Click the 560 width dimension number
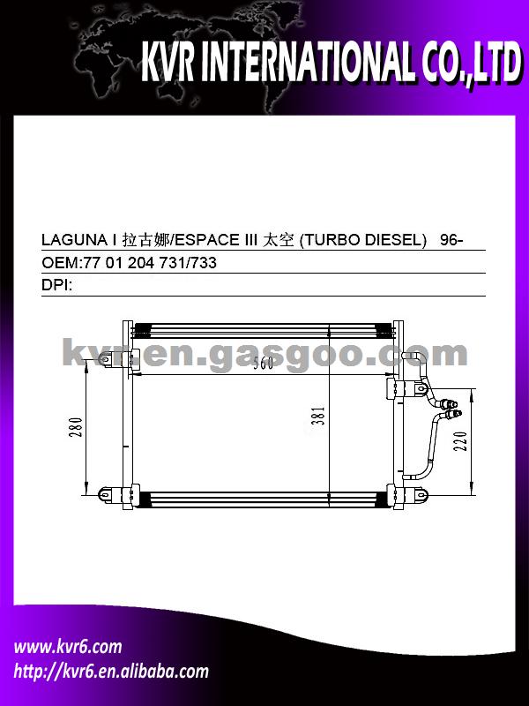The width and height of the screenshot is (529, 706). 263,364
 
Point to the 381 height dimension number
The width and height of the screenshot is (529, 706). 319,416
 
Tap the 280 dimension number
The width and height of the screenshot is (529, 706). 77,427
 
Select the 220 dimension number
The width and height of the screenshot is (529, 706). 460,441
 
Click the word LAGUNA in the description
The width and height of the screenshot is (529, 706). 72,240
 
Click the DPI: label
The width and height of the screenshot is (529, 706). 56,285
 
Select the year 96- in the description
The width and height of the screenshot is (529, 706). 451,240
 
